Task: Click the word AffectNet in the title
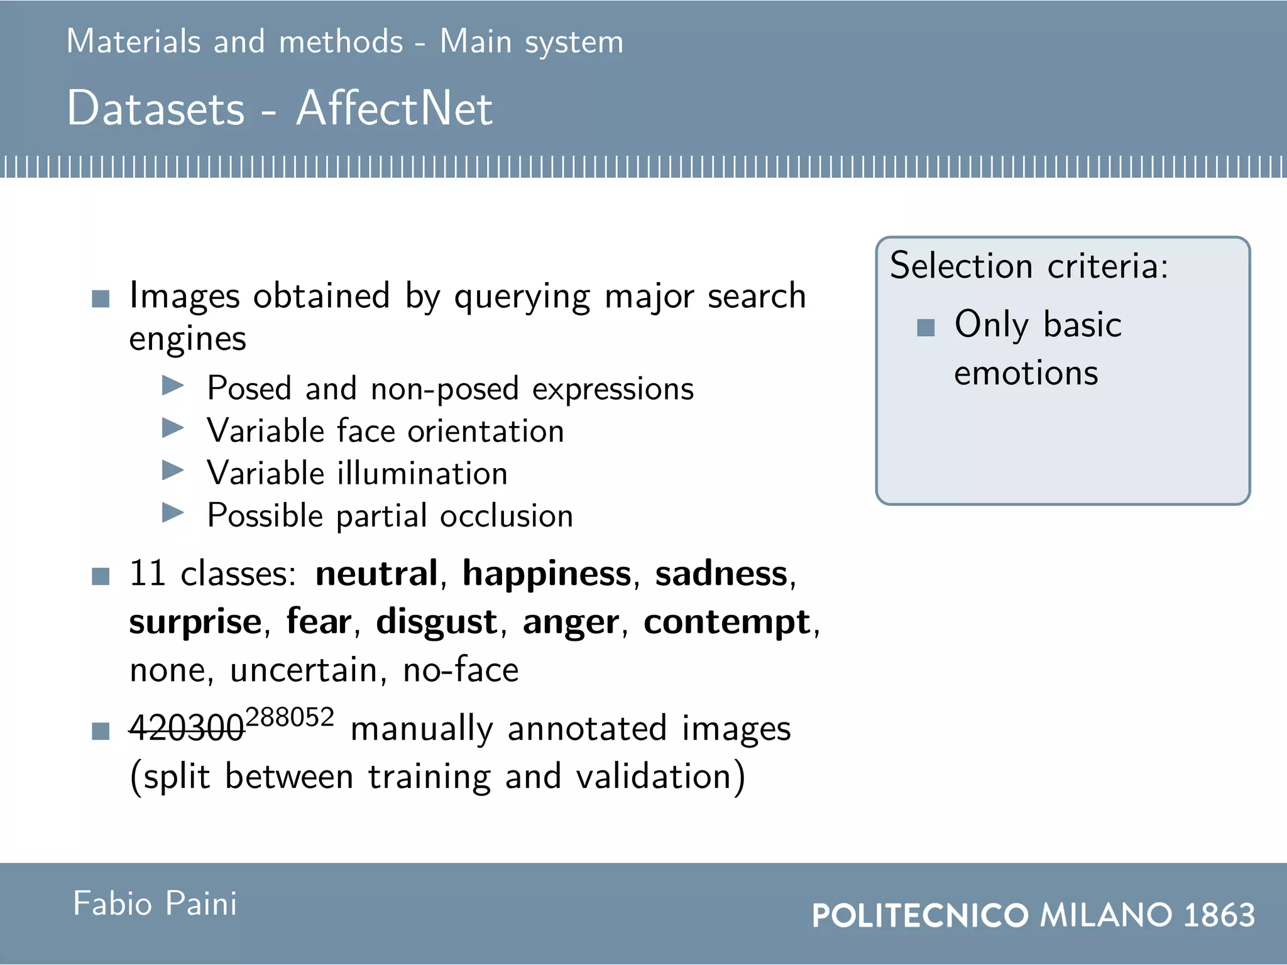(x=394, y=108)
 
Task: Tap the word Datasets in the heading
(x=155, y=108)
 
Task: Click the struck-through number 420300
(x=187, y=729)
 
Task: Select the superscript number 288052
(x=290, y=717)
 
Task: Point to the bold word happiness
(x=547, y=574)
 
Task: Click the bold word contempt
(x=727, y=622)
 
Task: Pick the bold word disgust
(x=437, y=622)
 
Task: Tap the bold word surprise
(x=195, y=622)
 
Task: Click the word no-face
(x=461, y=670)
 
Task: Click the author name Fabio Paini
(x=155, y=903)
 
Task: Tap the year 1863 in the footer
(x=1219, y=915)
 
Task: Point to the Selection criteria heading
(x=1029, y=266)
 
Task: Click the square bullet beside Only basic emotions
(x=926, y=327)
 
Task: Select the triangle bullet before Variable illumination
(x=173, y=470)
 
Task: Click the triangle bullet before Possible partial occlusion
(x=173, y=513)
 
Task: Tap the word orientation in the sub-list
(x=486, y=432)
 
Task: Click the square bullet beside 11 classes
(x=101, y=576)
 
